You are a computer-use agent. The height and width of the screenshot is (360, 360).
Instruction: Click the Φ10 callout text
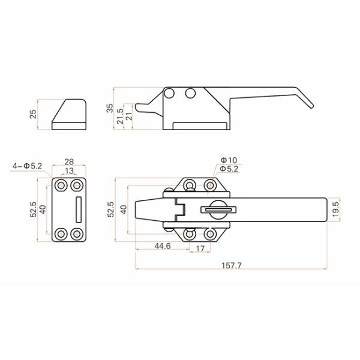[229, 160]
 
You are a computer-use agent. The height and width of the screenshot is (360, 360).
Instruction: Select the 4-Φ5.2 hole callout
[27, 165]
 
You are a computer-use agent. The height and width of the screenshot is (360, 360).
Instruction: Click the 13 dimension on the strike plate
[69, 172]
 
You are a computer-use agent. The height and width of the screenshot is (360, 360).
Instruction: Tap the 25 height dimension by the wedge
[34, 114]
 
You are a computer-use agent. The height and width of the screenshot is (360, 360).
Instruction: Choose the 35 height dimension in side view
[109, 108]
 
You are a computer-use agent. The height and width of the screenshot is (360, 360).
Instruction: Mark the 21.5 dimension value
[119, 115]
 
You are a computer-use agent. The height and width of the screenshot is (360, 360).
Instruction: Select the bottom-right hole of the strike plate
[77, 233]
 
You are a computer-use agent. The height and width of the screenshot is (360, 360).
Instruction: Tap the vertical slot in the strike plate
[77, 209]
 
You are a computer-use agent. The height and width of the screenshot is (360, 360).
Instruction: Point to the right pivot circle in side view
[191, 93]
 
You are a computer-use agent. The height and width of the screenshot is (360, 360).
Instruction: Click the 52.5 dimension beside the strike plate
[34, 209]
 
